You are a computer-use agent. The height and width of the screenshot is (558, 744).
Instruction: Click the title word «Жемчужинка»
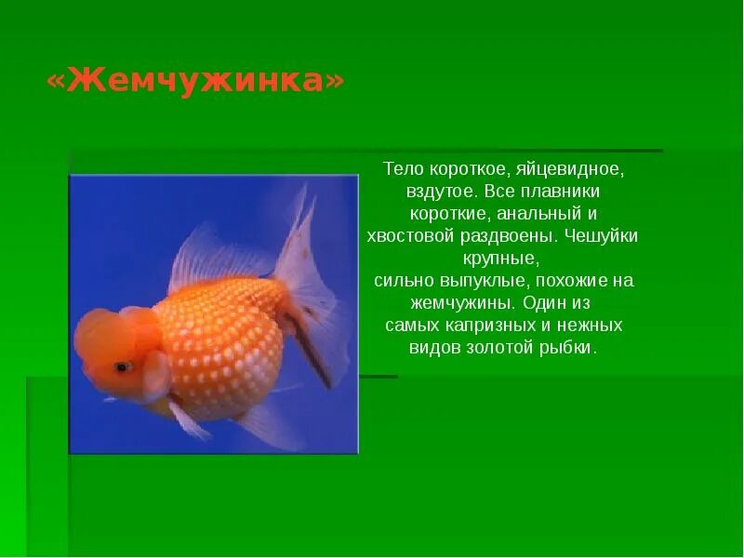pyautogui.click(x=195, y=81)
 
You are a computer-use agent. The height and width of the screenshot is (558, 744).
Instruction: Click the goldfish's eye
pyautogui.click(x=121, y=366)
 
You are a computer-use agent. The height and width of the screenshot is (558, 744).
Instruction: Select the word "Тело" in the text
pyautogui.click(x=402, y=170)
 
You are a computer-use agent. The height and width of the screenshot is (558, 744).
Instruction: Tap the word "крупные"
pyautogui.click(x=500, y=258)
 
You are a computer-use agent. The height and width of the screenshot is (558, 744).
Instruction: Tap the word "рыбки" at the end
pyautogui.click(x=570, y=348)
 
